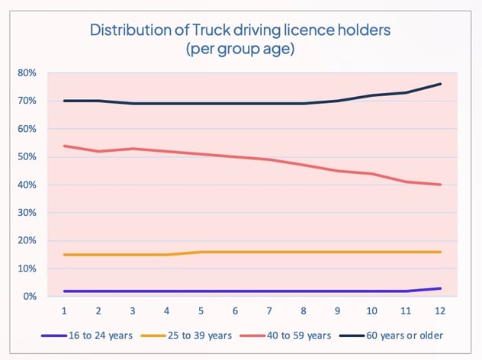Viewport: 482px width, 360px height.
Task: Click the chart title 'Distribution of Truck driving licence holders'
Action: click(241, 31)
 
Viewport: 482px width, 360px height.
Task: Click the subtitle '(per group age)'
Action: click(241, 50)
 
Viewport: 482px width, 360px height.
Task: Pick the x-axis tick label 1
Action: click(64, 312)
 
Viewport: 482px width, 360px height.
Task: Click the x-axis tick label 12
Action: click(440, 312)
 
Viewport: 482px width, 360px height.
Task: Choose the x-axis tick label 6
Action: click(235, 312)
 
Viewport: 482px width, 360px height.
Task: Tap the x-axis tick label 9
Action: click(338, 312)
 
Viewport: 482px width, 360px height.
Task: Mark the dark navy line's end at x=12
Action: click(440, 84)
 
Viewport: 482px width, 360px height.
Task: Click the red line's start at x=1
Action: click(64, 146)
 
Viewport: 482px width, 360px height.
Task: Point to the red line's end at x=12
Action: click(440, 185)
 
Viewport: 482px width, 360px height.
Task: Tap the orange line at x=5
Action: click(201, 252)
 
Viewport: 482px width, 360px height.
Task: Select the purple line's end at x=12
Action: click(440, 288)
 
